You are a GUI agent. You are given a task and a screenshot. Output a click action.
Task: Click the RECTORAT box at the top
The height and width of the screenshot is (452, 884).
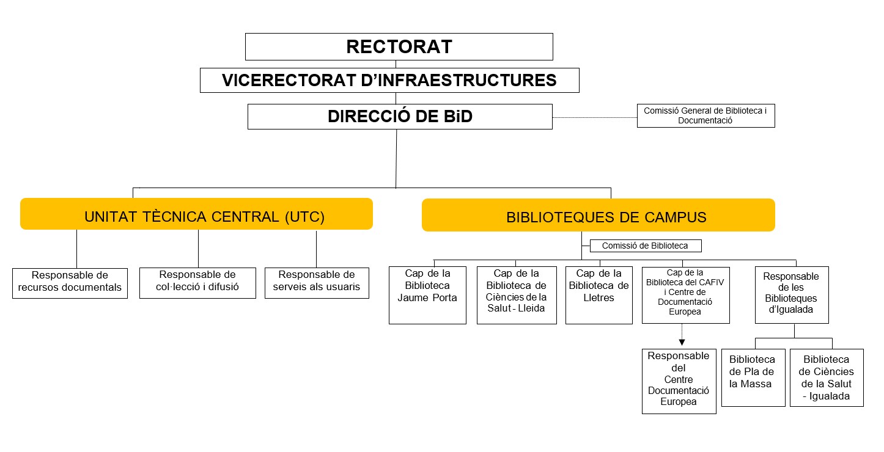[399, 46]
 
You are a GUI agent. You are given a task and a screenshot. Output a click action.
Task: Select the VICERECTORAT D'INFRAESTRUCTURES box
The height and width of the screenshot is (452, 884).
[389, 80]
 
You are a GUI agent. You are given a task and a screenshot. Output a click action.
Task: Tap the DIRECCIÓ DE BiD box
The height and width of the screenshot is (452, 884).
[400, 117]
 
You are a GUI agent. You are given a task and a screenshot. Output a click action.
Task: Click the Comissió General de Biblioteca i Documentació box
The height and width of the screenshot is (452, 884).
[705, 115]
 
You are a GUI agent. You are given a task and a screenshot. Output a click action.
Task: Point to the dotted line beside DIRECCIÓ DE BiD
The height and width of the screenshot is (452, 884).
[594, 117]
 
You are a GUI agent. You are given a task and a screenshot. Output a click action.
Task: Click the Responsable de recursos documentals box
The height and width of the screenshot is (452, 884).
[70, 283]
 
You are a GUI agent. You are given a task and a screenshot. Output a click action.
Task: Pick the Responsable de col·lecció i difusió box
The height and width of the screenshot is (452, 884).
[197, 282]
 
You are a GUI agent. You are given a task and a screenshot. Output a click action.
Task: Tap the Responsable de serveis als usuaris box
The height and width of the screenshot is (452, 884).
[317, 282]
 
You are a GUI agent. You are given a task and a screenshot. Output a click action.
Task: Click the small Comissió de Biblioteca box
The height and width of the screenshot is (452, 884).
[645, 246]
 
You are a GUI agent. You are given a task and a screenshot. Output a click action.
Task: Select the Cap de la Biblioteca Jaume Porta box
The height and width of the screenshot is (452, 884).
[427, 295]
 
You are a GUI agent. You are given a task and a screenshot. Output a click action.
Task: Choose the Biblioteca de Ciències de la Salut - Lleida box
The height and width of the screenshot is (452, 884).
[517, 295]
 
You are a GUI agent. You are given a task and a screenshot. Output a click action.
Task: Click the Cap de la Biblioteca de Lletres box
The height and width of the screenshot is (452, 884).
[599, 295]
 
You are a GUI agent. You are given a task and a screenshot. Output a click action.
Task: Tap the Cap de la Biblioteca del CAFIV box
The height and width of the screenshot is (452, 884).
[685, 295]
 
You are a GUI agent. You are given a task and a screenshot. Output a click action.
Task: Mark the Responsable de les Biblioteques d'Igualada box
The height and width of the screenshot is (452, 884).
[792, 295]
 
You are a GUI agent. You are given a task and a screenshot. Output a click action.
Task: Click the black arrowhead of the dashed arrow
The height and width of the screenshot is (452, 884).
[681, 343]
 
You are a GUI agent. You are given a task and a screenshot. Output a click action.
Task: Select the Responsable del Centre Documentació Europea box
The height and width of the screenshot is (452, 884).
[679, 381]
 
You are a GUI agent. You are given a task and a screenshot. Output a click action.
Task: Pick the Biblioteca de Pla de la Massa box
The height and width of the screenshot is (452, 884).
[753, 377]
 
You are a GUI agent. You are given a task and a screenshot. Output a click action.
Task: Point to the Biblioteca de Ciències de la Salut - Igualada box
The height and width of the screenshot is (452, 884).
[827, 377]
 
